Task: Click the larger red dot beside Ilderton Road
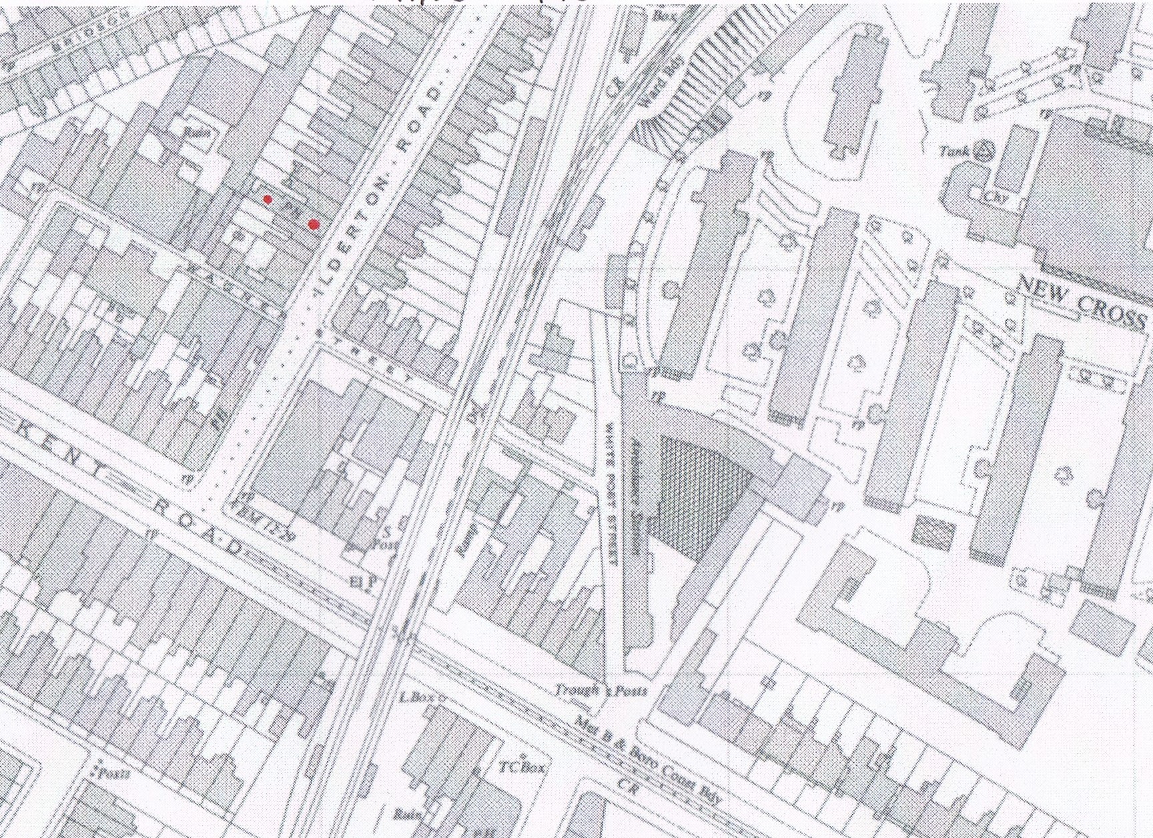coord(313,225)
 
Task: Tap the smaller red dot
coord(268,199)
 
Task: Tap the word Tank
coord(953,151)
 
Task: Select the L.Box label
coord(417,697)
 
